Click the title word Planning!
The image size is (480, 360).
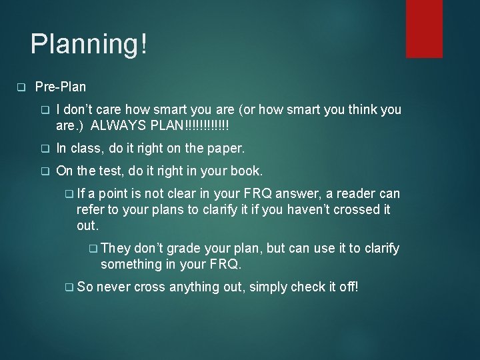(89, 45)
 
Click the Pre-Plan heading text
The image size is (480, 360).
(60, 87)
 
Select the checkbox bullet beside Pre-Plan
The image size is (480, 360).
(21, 87)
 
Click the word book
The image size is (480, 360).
(248, 171)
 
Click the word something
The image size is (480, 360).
(130, 265)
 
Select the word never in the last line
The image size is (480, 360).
(114, 287)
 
